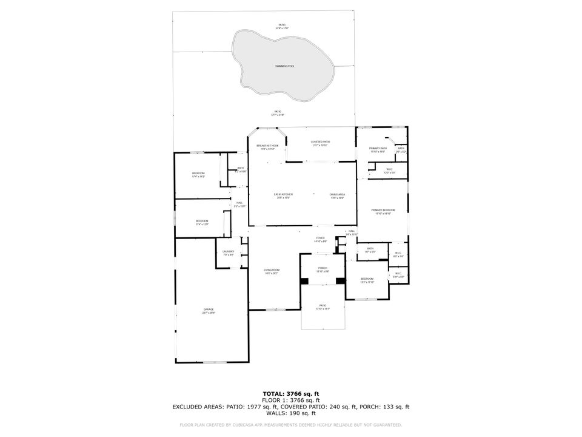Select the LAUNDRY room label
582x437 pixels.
[228, 252]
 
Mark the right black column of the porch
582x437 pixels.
[341, 280]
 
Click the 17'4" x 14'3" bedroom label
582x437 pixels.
[198, 175]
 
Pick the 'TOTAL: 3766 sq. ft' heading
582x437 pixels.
[291, 394]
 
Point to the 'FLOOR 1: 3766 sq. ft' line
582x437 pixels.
[291, 400]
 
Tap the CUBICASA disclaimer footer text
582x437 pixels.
[291, 425]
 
